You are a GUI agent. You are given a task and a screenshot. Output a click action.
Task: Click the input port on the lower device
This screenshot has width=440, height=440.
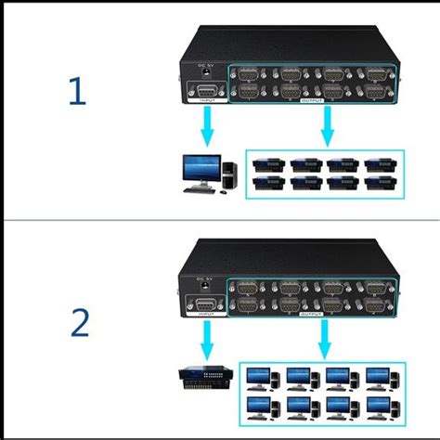click(205, 307)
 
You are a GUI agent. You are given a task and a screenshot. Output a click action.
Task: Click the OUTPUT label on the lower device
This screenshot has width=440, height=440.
click(319, 315)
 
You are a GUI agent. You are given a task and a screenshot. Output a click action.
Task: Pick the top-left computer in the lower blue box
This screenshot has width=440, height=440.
click(261, 377)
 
